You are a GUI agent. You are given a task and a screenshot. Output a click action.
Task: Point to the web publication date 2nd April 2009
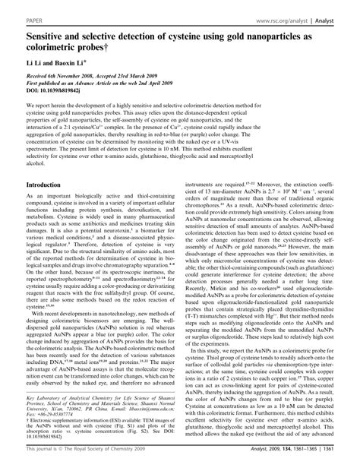[x=153, y=83]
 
